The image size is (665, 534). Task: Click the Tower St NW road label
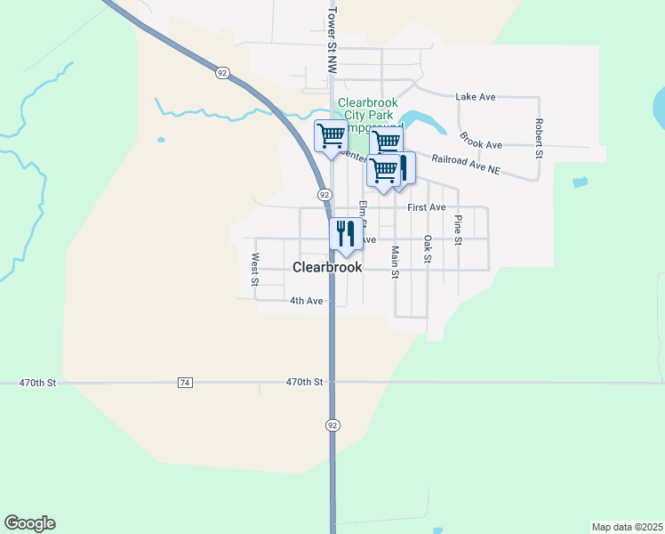[x=332, y=41]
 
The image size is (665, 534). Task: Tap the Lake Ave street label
[x=475, y=96]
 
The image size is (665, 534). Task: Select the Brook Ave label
[x=481, y=141]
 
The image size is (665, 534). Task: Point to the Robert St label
[x=539, y=138]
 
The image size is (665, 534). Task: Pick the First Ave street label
[x=426, y=207]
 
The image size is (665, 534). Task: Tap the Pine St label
[x=459, y=230]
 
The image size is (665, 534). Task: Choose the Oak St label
[x=428, y=249]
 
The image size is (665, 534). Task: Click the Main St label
[x=395, y=262]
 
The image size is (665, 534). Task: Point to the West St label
[x=255, y=269]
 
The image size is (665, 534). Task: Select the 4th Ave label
[x=306, y=301]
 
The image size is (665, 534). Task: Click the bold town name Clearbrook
[x=327, y=267]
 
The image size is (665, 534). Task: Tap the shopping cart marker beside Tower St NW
[x=332, y=136]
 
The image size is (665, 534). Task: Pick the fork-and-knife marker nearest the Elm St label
[x=344, y=233]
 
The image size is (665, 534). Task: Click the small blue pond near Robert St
[x=581, y=182]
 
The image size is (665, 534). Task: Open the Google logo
[x=29, y=523]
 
